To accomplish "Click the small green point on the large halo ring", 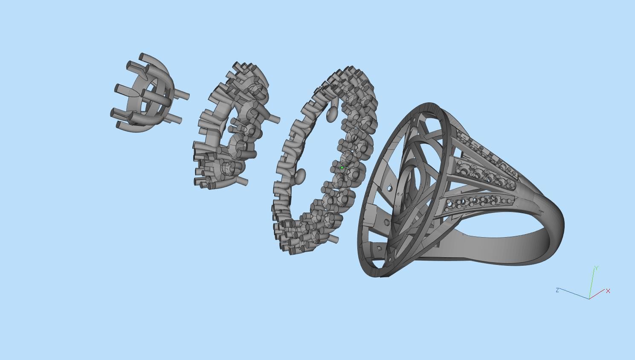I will pyautogui.click(x=342, y=168).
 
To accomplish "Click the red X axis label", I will pyautogui.click(x=608, y=291).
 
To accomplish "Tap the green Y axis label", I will pyautogui.click(x=596, y=268).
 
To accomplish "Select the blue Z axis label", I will pyautogui.click(x=557, y=290).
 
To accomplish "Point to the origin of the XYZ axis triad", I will pyautogui.click(x=589, y=298).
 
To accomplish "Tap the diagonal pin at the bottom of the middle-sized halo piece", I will pyautogui.click(x=241, y=182).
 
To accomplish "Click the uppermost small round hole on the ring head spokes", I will pyautogui.click(x=415, y=121).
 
